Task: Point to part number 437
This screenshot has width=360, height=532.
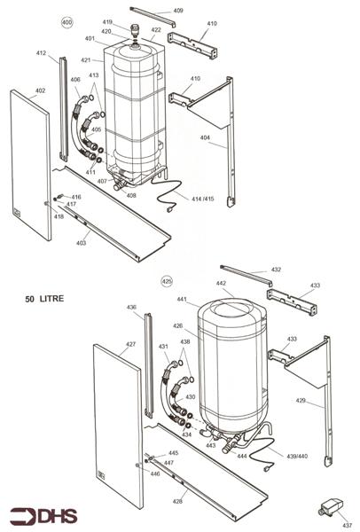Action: click(347, 525)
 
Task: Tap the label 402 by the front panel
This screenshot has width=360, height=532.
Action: click(40, 90)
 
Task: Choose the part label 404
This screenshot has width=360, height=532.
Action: click(205, 138)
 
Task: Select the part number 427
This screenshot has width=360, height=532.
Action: click(130, 344)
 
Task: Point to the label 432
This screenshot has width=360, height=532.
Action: click(276, 269)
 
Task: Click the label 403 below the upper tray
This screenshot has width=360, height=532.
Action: click(81, 242)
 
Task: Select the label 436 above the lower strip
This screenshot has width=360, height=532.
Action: click(131, 308)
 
